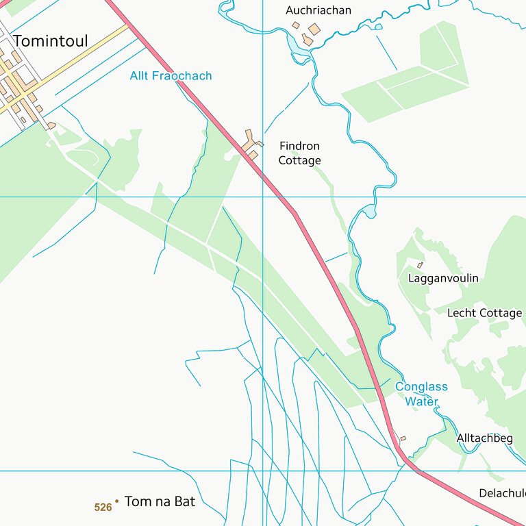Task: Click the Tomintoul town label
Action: (51, 41)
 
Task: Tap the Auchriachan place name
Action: (318, 10)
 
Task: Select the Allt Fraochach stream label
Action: (171, 76)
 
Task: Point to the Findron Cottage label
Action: (299, 153)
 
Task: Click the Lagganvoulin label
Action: (443, 279)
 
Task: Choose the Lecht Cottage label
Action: (484, 313)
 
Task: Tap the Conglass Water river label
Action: (421, 394)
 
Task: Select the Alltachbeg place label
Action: (484, 438)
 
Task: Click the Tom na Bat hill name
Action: (160, 502)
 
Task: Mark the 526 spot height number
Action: (103, 508)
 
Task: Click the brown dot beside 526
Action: (117, 501)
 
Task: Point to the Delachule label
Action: (502, 493)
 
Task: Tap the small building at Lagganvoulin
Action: (420, 265)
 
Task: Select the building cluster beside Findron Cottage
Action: (251, 142)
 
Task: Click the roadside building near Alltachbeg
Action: (403, 438)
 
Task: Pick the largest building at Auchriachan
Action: (314, 29)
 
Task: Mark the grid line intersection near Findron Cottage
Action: (263, 197)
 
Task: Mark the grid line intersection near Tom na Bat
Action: (263, 471)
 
